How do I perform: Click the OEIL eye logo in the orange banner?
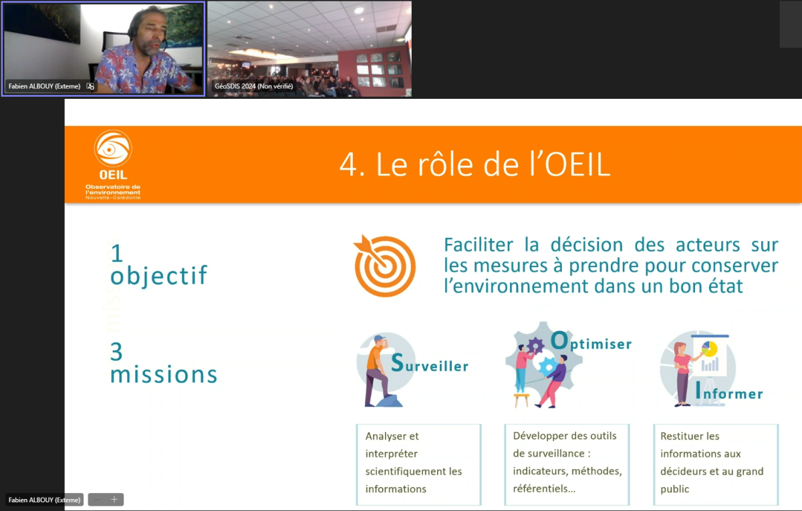pyautogui.click(x=113, y=148)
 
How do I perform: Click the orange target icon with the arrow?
pyautogui.click(x=384, y=266)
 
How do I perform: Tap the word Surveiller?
pyautogui.click(x=430, y=363)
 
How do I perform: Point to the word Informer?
pyautogui.click(x=729, y=391)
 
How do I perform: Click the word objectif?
pyautogui.click(x=158, y=275)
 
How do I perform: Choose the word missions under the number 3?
pyautogui.click(x=164, y=374)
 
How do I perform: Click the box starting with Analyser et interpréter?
pyautogui.click(x=418, y=464)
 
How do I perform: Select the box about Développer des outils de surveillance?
pyautogui.click(x=567, y=464)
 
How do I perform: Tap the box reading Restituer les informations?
pyautogui.click(x=716, y=464)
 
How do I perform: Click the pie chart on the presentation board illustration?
pyautogui.click(x=709, y=349)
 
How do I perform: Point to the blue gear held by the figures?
pyautogui.click(x=548, y=367)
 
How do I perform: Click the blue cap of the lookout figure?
pyautogui.click(x=380, y=338)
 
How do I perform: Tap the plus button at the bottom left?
pyautogui.click(x=114, y=500)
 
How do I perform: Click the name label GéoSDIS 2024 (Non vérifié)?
pyautogui.click(x=254, y=86)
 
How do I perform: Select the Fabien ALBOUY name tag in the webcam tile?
pyautogui.click(x=44, y=86)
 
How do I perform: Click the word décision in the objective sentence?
pyautogui.click(x=587, y=245)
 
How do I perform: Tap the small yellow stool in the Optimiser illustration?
pyautogui.click(x=521, y=399)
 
